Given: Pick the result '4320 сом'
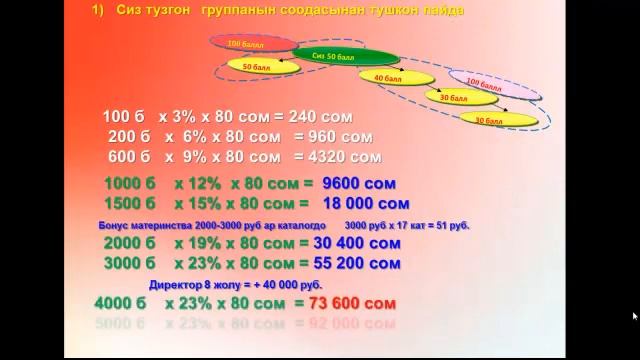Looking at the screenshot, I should tap(338, 157).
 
